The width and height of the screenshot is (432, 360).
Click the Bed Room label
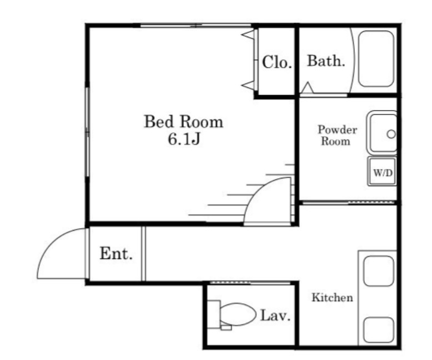coord(183,122)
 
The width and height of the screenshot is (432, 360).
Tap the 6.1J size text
coord(184,139)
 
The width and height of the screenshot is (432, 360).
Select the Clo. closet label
coord(277,62)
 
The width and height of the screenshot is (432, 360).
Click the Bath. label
coord(326,61)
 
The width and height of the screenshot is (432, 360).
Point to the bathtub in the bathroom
coord(376,59)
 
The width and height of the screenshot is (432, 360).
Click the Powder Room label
coord(337,136)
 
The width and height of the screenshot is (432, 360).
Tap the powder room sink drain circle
coord(391,134)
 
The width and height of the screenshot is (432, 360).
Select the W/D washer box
coord(383,171)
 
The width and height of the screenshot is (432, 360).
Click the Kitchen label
coord(332,297)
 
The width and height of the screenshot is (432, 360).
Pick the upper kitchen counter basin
coord(379,271)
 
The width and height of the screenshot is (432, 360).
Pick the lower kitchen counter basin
coord(379,330)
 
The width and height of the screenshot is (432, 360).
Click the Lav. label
coord(275,316)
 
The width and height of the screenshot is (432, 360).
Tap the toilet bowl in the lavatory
coord(238,314)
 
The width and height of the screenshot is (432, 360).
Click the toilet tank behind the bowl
coord(214,314)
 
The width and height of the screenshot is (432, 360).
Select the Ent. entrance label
coord(116,253)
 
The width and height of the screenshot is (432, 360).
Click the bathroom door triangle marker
coord(307,88)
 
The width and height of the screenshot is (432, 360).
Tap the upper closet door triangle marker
coord(248,35)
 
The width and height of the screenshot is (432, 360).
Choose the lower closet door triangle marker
coord(248,85)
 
